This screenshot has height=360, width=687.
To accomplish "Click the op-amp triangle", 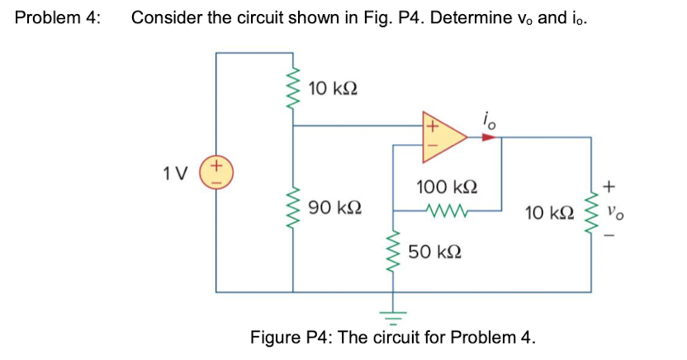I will (443, 137).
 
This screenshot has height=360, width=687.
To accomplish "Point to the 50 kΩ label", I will (434, 250).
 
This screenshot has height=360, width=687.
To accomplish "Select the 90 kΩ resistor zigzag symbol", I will (292, 211).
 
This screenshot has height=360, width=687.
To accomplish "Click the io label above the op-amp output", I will (489, 119).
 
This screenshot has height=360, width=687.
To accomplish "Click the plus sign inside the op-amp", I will (430, 127).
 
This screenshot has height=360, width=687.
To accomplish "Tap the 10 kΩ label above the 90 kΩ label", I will (334, 88).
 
